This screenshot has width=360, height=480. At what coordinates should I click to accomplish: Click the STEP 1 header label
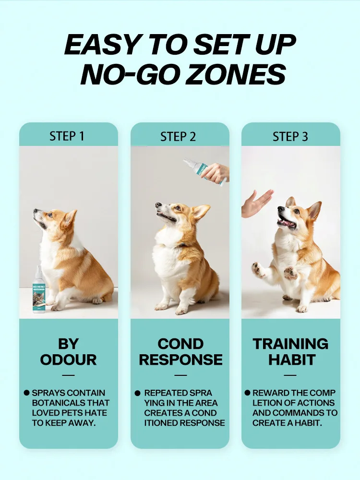point(67,136)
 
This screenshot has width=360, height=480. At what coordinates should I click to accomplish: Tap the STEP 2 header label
point(178,136)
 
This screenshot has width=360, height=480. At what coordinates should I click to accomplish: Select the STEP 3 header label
point(290,136)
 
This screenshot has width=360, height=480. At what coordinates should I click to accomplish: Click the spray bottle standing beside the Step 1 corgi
point(39,290)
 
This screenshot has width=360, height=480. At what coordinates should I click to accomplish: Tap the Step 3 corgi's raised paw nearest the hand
point(258,269)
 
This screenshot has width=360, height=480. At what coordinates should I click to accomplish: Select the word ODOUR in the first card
point(68,360)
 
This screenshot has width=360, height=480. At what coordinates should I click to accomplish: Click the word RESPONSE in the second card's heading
point(180,360)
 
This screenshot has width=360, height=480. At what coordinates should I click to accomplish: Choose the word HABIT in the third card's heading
point(292,360)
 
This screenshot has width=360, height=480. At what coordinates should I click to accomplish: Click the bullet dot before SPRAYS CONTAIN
point(26,393)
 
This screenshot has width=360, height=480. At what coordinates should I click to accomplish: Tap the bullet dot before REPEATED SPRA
point(137,393)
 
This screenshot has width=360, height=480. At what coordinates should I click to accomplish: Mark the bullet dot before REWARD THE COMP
point(247,393)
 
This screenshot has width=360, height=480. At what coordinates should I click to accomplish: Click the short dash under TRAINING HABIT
point(290,375)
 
